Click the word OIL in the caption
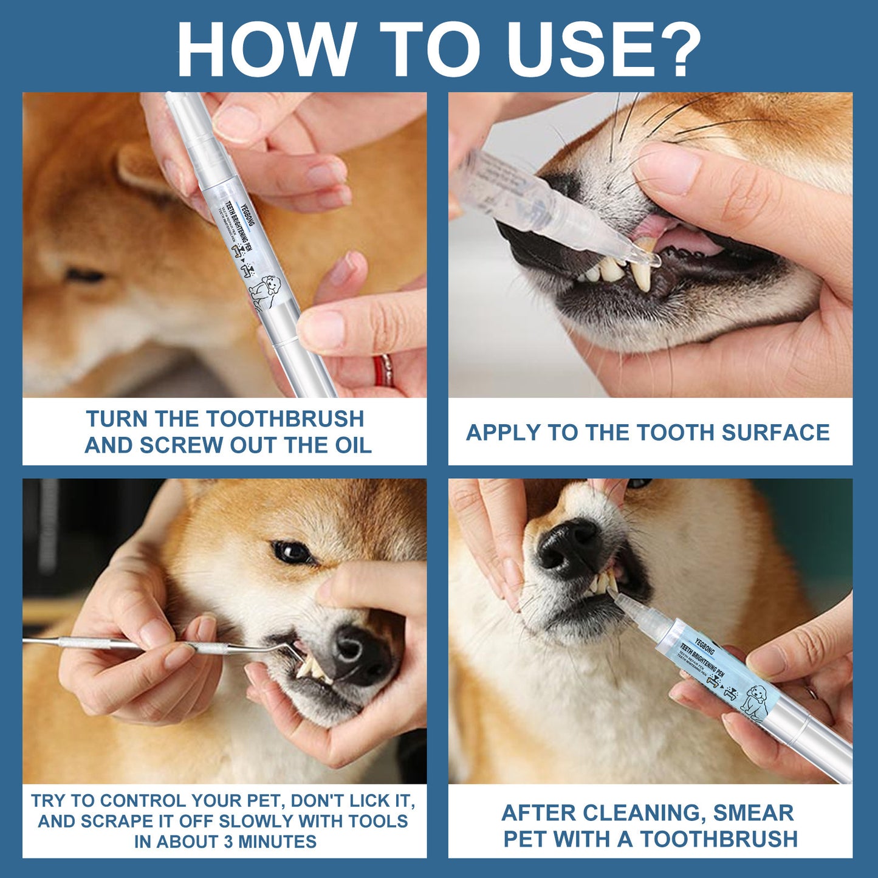pos(353,445)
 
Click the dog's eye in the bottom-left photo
pos(292,552)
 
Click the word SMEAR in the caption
pos(753,812)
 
